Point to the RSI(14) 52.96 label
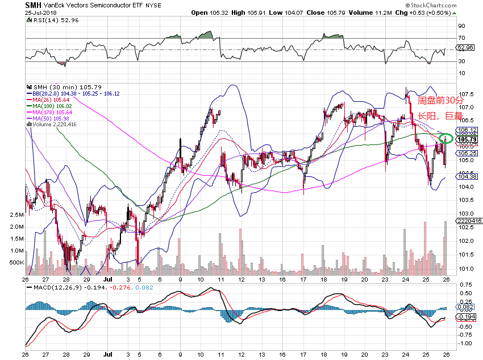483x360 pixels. point(47,22)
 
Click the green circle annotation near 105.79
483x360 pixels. point(447,138)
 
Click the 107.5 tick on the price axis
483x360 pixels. point(467,94)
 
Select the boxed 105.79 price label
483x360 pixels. point(467,139)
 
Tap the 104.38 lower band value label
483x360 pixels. point(467,177)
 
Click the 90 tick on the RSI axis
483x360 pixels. point(462,26)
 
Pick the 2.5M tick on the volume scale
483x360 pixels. point(16,215)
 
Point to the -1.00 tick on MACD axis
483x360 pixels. point(465,343)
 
